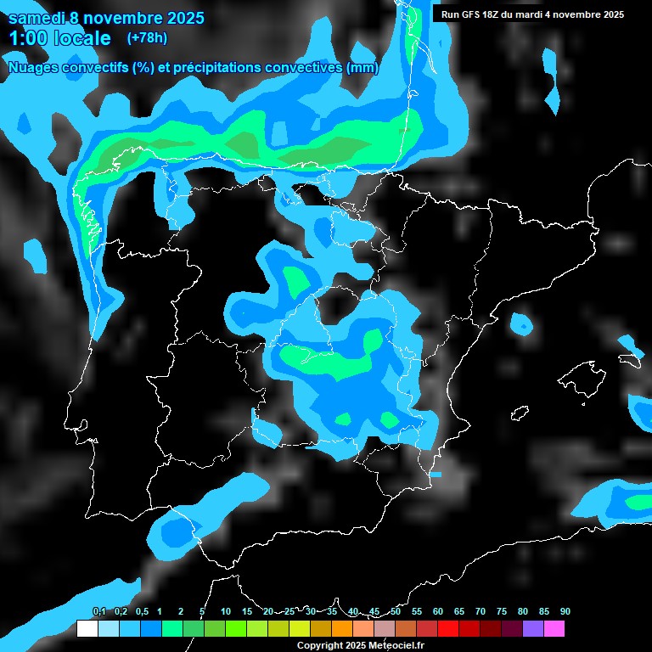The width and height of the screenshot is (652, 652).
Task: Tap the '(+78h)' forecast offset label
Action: click(x=147, y=37)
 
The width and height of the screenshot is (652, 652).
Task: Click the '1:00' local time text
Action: click(x=28, y=38)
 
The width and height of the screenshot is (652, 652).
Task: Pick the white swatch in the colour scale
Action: click(x=87, y=628)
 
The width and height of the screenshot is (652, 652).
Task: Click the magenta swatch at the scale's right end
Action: click(x=554, y=628)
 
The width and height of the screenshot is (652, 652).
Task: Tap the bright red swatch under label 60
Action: click(x=448, y=628)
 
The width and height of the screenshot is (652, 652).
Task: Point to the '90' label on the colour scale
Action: click(x=565, y=611)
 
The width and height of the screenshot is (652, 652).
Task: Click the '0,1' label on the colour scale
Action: click(x=98, y=611)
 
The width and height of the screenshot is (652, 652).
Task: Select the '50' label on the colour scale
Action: click(x=396, y=611)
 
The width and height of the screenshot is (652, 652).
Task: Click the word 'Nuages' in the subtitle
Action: click(x=35, y=67)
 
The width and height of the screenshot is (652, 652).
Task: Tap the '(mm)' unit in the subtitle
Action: click(x=363, y=67)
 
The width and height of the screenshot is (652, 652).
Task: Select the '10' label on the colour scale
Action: click(x=226, y=611)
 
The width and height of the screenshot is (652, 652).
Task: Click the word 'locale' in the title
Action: click(x=82, y=38)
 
